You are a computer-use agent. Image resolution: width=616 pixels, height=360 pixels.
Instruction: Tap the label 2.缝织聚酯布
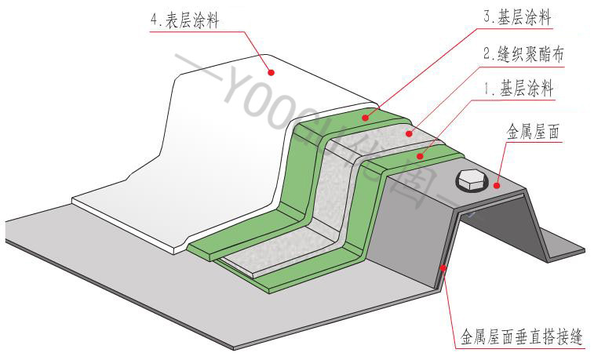click(x=523, y=56)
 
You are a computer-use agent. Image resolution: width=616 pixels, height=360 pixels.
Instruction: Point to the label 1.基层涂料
click(x=518, y=90)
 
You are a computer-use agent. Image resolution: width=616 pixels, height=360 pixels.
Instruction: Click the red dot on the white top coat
click(x=272, y=71)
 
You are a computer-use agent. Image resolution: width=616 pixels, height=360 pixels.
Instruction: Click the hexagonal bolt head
click(x=469, y=180)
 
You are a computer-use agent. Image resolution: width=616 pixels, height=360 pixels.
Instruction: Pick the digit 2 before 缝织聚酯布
click(x=487, y=56)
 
